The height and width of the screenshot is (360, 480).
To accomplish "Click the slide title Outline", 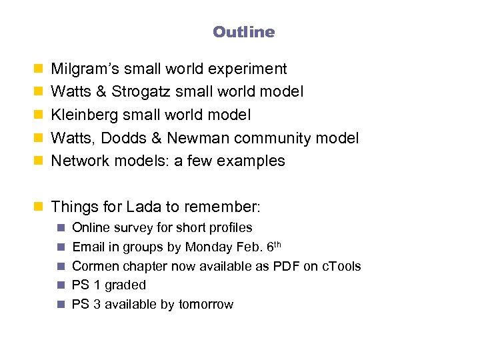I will coord(243,32).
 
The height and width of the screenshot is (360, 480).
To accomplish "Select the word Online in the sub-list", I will coord(91,228).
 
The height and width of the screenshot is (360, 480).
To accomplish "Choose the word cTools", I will coord(341,266).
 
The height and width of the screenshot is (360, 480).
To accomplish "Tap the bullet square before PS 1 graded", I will coord(60,285).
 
